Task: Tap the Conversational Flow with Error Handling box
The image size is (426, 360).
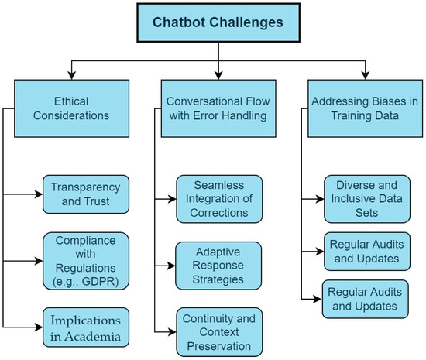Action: (218, 108)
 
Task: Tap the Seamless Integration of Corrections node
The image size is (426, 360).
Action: (219, 198)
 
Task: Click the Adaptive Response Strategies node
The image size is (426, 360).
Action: (219, 263)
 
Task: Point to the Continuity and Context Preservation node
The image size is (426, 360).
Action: (219, 329)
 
